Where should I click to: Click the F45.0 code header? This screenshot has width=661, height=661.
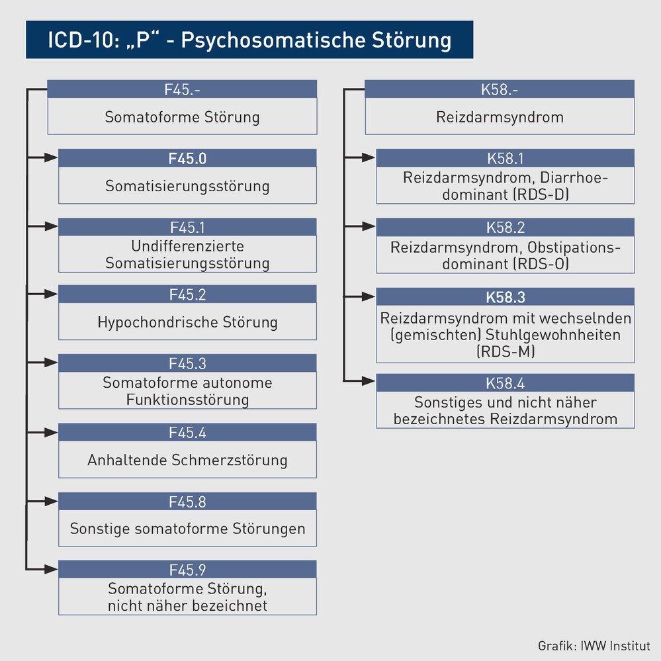(187, 158)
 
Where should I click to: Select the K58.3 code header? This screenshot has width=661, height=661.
(505, 297)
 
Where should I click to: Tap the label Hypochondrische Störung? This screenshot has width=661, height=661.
(187, 323)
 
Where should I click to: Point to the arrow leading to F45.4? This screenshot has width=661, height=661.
(44, 433)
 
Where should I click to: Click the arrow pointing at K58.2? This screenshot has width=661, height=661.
(361, 227)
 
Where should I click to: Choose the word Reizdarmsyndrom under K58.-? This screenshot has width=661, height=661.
(500, 118)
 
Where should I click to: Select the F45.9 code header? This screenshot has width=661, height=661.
(187, 570)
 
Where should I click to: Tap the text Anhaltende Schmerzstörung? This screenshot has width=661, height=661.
(187, 460)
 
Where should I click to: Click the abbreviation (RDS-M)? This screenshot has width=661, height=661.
(505, 352)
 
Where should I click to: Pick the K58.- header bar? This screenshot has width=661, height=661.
(500, 89)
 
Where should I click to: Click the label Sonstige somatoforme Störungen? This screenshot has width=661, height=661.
(187, 529)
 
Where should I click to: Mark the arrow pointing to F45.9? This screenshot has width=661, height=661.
(44, 569)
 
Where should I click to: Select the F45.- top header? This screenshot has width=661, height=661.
(182, 89)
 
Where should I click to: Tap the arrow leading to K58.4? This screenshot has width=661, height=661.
(361, 380)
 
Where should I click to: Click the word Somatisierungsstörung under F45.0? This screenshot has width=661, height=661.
(187, 186)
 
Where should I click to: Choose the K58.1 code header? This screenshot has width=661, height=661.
(505, 158)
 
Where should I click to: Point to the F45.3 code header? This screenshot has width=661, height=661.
(187, 363)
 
